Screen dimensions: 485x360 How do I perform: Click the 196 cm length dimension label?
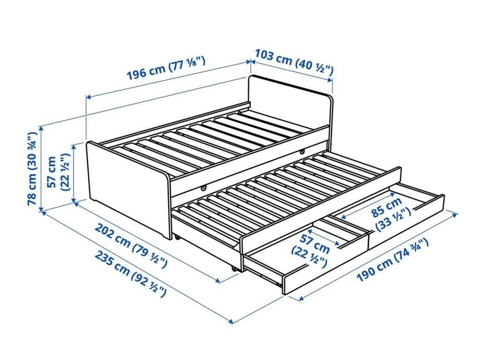tap(166, 69)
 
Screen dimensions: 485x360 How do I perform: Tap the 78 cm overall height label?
tap(32, 169)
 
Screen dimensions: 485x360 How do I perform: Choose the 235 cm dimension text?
tap(130, 274)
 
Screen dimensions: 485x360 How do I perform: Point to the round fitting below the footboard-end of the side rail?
tap(203, 187)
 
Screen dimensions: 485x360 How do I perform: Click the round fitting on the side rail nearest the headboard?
tap(302, 151)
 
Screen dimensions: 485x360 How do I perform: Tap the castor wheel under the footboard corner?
tap(177, 237)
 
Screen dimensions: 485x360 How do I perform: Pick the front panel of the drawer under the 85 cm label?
tap(406, 222)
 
